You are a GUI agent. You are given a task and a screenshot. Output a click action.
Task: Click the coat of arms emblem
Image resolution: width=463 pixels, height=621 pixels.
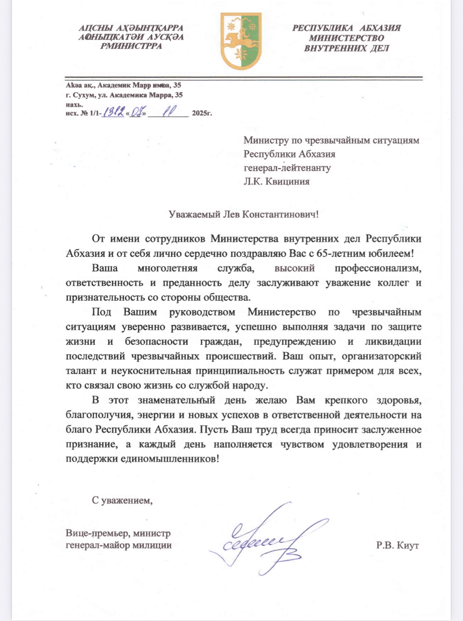[x=241, y=41]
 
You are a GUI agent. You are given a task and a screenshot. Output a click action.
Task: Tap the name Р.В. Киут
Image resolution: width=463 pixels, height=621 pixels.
[x=397, y=545]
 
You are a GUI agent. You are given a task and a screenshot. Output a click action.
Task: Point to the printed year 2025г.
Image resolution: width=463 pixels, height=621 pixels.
[x=202, y=113]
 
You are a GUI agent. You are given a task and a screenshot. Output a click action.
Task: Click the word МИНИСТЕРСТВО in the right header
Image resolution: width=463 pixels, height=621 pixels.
[x=346, y=38]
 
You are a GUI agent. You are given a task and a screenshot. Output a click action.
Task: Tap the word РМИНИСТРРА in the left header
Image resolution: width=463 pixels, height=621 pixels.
[x=131, y=46]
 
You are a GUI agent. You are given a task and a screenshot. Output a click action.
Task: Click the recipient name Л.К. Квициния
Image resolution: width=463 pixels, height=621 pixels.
[x=276, y=181]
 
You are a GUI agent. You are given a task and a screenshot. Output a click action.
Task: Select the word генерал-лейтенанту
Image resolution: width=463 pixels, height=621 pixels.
[x=287, y=168]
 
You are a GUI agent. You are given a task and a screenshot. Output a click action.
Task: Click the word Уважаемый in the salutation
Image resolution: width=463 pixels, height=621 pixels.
[x=195, y=214]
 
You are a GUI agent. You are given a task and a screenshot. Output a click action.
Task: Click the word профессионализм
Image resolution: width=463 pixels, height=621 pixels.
[x=378, y=268]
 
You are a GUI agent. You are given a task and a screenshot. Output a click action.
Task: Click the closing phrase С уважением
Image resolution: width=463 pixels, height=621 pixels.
[x=122, y=500]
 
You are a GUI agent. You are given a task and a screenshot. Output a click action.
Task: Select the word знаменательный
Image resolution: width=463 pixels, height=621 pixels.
[x=176, y=400]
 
